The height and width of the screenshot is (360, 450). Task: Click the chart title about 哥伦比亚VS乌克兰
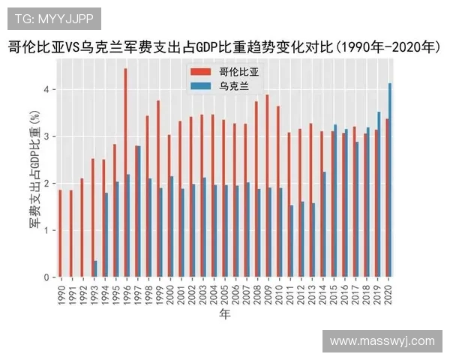(x=224, y=47)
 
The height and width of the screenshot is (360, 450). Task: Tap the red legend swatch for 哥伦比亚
(x=201, y=72)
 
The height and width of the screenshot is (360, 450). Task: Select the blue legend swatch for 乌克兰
(x=201, y=86)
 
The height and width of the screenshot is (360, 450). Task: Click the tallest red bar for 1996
(x=125, y=172)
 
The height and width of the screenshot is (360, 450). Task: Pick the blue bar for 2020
(x=390, y=180)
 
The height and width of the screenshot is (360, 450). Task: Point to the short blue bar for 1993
(x=95, y=269)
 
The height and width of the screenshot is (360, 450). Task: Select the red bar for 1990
(x=59, y=233)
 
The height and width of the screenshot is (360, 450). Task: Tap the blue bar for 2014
(x=325, y=224)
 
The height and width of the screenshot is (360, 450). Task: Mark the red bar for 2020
(x=387, y=198)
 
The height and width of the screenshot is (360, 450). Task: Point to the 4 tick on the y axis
(x=46, y=89)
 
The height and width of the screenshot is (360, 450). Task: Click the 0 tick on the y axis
(x=46, y=277)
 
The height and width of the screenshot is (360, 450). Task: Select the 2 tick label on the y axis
(x=46, y=184)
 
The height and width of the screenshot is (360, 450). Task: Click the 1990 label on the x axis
(x=61, y=293)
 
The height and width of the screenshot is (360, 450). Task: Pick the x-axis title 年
(x=225, y=315)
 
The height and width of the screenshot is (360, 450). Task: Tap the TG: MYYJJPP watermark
(x=54, y=19)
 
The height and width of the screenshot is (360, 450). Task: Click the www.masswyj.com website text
(x=382, y=340)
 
